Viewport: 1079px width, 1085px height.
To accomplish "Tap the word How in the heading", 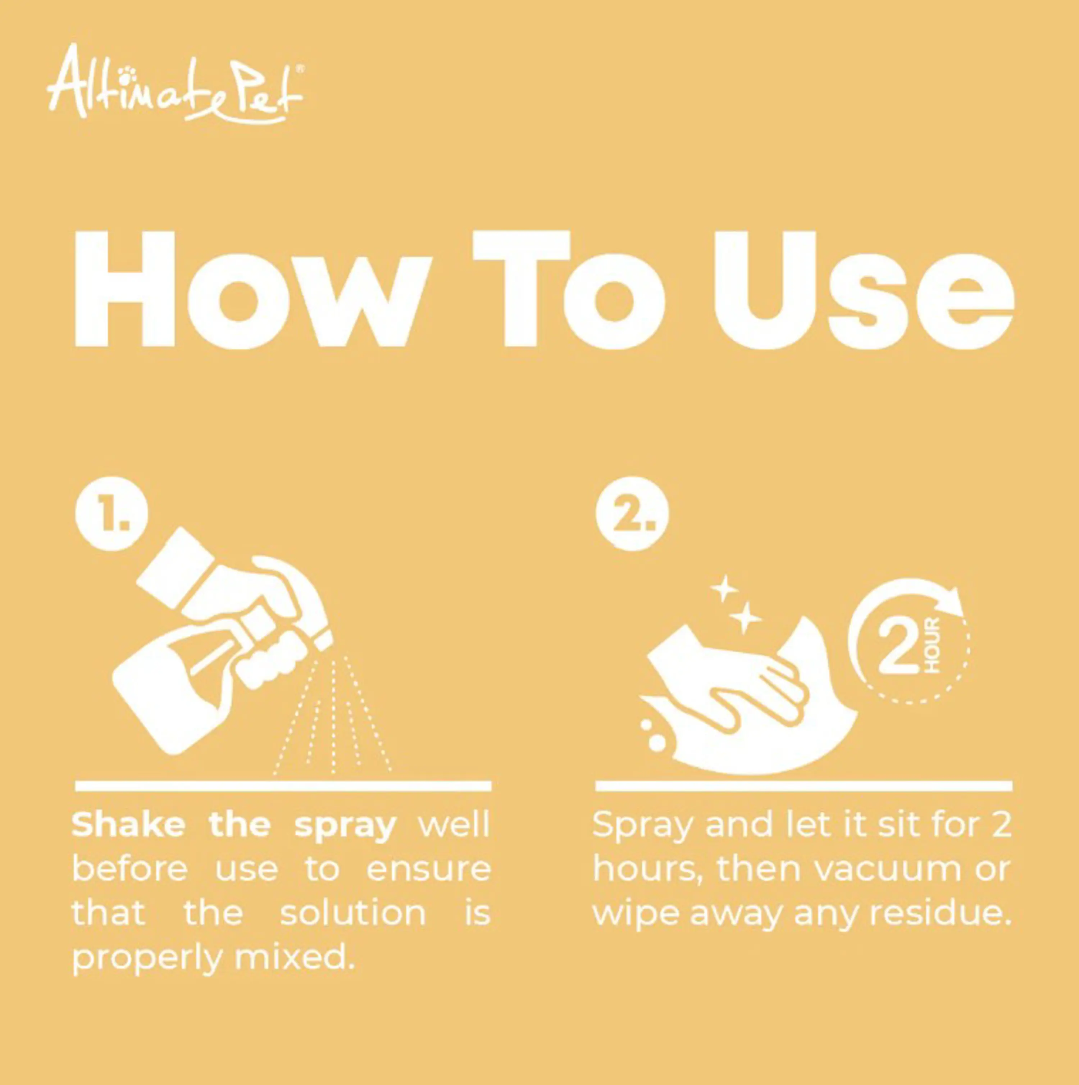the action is tap(252, 290).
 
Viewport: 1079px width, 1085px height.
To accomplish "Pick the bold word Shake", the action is tap(128, 825).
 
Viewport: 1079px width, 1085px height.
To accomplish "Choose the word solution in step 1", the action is tap(352, 913).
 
